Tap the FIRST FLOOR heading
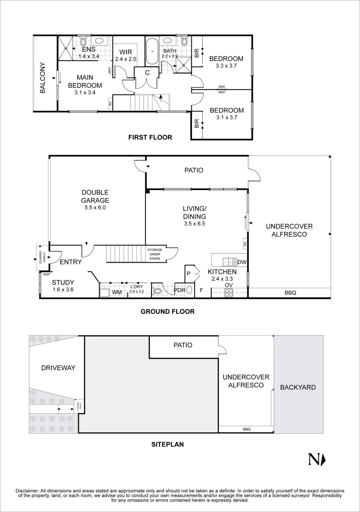click(150, 137)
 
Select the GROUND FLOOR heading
click(167, 311)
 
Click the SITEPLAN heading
click(167, 445)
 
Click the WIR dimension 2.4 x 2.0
click(126, 59)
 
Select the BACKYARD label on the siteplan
click(297, 387)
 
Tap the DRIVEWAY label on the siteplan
click(58, 367)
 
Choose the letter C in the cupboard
click(147, 73)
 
